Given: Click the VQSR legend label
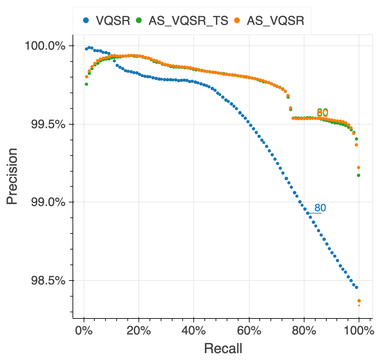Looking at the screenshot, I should [x=113, y=21].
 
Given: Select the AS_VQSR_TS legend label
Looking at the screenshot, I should [x=188, y=21].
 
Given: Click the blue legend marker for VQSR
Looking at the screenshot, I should [x=86, y=21].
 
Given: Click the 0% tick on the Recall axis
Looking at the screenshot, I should [x=84, y=331].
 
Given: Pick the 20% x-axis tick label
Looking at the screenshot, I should [x=139, y=331].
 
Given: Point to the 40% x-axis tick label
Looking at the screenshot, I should [x=194, y=331].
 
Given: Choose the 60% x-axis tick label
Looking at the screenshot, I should [x=249, y=331].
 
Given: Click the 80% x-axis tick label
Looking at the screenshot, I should [x=304, y=331].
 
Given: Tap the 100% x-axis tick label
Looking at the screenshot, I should [x=359, y=331].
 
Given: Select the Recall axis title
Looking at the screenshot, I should [x=223, y=349].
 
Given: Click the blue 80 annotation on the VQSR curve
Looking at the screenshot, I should [x=320, y=208].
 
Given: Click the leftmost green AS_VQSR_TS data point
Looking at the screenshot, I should [x=87, y=84].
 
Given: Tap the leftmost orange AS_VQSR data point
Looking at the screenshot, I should [x=87, y=77].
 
